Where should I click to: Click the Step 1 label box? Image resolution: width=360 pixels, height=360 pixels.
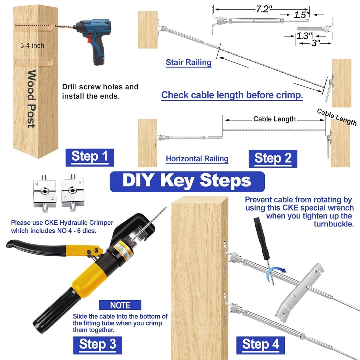pos(90,157)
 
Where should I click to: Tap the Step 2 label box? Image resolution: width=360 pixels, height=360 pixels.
pos(273,159)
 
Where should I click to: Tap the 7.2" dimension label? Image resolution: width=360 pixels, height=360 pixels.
pos(262,9)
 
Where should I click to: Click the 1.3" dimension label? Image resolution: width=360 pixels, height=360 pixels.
pos(304,36)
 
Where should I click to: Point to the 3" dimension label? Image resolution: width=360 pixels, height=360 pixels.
pos(315,43)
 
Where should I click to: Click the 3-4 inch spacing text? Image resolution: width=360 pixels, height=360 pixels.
pos(32,45)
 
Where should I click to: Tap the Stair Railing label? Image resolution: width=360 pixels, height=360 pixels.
pos(188,63)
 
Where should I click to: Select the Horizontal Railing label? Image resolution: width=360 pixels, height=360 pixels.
pos(197,159)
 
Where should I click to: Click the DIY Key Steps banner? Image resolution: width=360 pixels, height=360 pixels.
pos(187,181)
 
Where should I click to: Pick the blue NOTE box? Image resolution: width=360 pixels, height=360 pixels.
pos(120,305)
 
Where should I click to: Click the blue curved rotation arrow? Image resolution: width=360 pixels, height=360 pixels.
pos(276,271)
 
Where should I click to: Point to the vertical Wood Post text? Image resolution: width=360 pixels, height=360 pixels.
pos(32,99)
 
